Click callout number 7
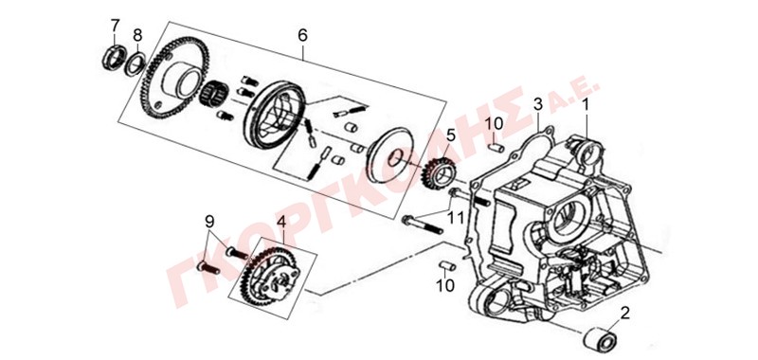point(115,25)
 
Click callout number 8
point(137,35)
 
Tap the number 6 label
point(302,35)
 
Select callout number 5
point(451,135)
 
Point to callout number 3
point(538,103)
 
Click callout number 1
point(586,103)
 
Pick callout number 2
point(625,314)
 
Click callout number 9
point(209,222)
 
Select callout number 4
point(281,223)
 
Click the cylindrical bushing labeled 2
point(600,339)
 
